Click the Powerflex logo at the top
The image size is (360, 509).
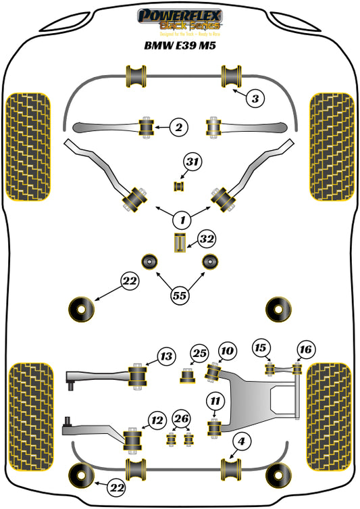(180, 21)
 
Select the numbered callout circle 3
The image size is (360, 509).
(254, 99)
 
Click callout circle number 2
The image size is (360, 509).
(178, 126)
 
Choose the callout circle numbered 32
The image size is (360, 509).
(206, 239)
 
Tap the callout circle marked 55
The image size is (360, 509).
(180, 295)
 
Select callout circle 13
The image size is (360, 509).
(166, 356)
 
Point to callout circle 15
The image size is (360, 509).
(261, 348)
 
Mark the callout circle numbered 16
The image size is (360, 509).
(305, 349)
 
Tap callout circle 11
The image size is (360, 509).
(215, 402)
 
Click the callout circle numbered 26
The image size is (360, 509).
(180, 420)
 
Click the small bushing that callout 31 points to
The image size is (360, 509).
(180, 186)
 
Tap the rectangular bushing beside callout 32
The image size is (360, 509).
(180, 243)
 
